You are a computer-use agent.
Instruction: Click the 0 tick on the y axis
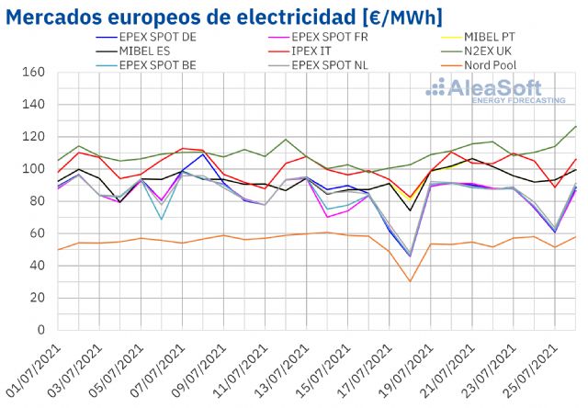click(41, 330)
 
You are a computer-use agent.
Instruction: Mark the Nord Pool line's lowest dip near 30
click(410, 281)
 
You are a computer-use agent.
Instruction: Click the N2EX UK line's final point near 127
click(576, 126)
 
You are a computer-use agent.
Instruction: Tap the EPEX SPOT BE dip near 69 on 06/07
click(161, 219)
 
